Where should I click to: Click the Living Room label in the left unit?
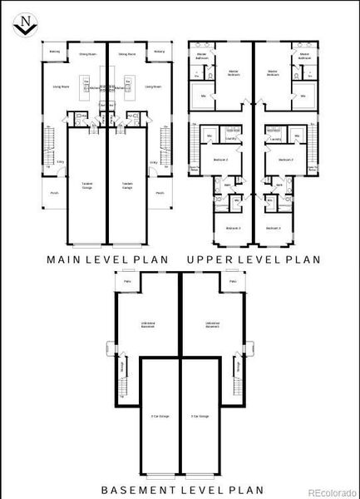coord(59,86)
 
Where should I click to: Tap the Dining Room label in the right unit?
coord(127,52)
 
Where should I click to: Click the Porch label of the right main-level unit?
coord(159,190)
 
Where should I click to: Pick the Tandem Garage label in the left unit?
coord(86,185)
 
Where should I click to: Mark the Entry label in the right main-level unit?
coord(153,162)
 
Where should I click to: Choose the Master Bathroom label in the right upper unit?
coord(305,57)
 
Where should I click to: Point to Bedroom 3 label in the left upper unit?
coord(234,228)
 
